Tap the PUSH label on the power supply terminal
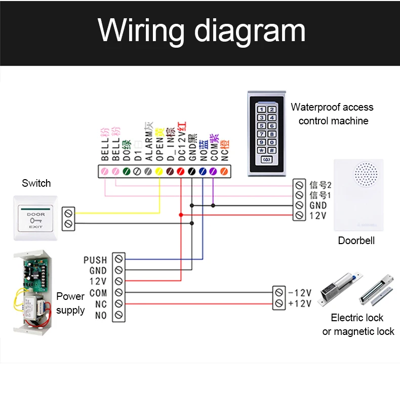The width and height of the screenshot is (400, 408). pos(95,260)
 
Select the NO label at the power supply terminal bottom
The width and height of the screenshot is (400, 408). pos(101,316)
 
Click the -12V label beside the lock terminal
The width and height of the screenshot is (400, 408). pos(299,293)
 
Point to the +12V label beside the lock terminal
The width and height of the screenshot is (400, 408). pos(299,304)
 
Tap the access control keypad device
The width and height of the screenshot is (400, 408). pos(267,133)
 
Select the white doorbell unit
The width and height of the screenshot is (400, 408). pos(358,196)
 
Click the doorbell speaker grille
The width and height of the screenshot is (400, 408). pos(366,175)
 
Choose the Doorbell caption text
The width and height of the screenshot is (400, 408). pos(356,241)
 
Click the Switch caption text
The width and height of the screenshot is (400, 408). pos(36,183)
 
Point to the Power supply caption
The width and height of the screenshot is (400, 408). pos(70,303)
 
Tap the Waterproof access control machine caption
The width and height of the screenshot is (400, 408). pos(332,114)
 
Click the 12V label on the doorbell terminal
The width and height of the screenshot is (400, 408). pos(317,216)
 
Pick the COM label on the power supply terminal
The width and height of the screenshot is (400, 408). pos(98,293)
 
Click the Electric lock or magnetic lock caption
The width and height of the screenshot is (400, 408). pos(358,325)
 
